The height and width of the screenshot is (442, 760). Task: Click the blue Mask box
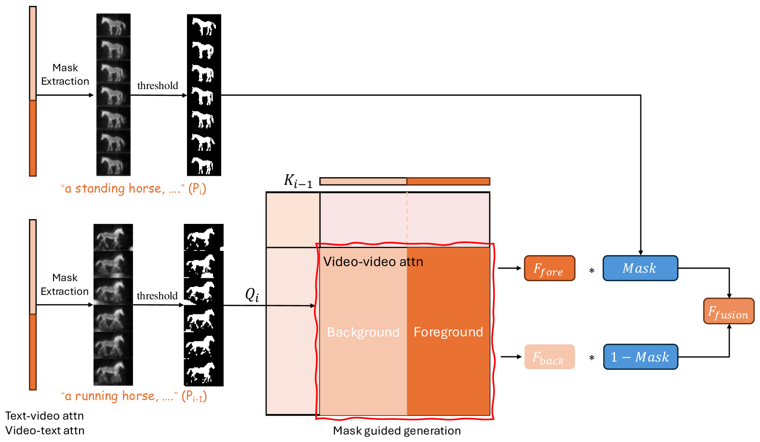pyautogui.click(x=640, y=268)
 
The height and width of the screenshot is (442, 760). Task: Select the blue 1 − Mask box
pyautogui.click(x=640, y=357)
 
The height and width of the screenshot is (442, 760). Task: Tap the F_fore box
pyautogui.click(x=549, y=269)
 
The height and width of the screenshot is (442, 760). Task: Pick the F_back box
pyautogui.click(x=549, y=357)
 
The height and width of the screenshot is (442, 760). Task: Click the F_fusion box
pyautogui.click(x=728, y=312)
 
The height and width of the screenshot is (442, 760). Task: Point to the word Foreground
pyautogui.click(x=448, y=332)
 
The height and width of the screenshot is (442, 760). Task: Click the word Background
pyautogui.click(x=363, y=332)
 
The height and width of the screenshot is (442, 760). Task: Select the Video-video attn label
pyautogui.click(x=373, y=262)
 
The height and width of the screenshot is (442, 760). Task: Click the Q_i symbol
pyautogui.click(x=252, y=295)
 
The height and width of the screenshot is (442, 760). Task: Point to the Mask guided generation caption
pyautogui.click(x=397, y=431)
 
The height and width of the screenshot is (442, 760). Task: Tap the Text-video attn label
pyautogui.click(x=44, y=416)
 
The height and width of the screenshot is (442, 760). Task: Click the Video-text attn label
pyautogui.click(x=44, y=431)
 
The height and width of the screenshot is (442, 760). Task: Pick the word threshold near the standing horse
pyautogui.click(x=158, y=86)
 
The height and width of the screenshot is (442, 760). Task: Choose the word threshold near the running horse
pyautogui.click(x=157, y=296)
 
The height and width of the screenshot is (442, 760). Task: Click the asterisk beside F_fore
pyautogui.click(x=591, y=271)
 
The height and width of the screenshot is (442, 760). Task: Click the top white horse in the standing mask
pyautogui.click(x=204, y=26)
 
